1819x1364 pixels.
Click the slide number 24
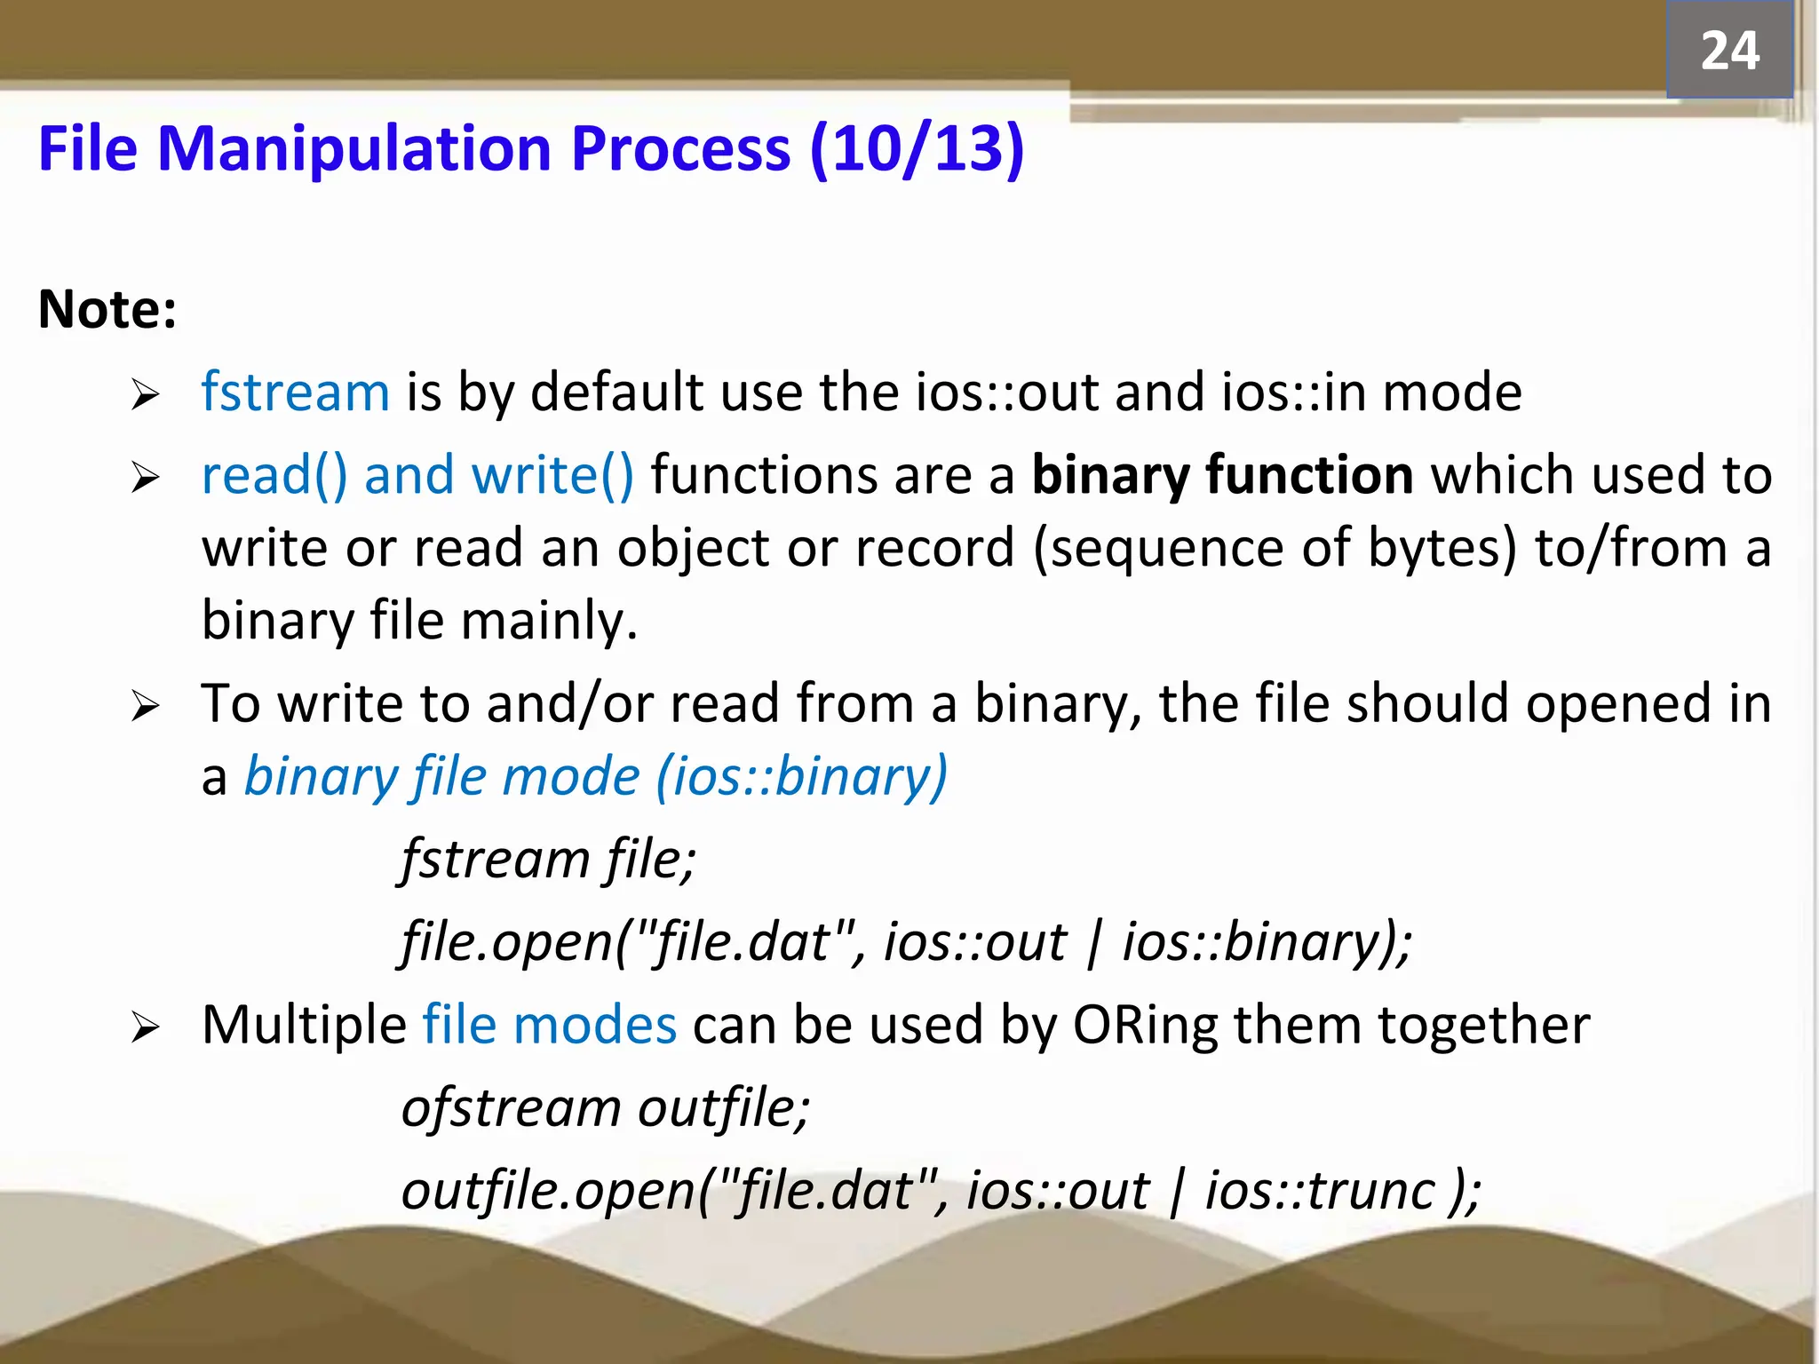[x=1729, y=51]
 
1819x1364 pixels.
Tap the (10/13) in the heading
[x=917, y=148]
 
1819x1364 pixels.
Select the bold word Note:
[x=107, y=310]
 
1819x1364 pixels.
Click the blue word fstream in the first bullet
[x=295, y=393]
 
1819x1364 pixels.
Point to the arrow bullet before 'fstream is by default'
[x=145, y=394]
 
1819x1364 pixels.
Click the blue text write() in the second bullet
[x=552, y=475]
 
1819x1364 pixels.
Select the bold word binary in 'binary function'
[x=1109, y=475]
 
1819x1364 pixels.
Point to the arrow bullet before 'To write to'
[x=145, y=707]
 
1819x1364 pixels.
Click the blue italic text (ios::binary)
[x=801, y=777]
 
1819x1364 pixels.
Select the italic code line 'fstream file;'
[x=548, y=860]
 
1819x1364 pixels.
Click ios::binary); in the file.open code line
[x=1267, y=942]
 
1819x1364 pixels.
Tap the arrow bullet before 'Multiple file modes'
[x=145, y=1028]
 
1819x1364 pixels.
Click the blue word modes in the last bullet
[x=595, y=1026]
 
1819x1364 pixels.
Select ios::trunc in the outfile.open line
[x=1319, y=1191]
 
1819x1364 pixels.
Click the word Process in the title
[x=680, y=148]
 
